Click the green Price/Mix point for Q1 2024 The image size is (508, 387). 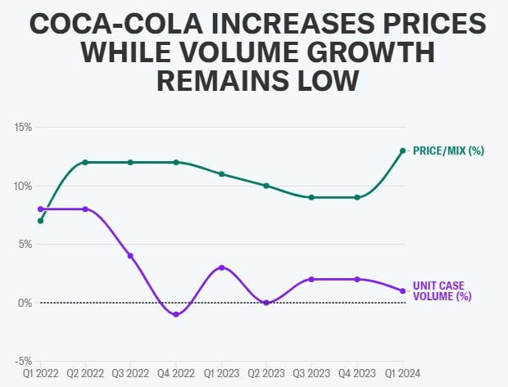[402, 151]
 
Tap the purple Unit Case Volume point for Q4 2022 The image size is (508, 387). [176, 314]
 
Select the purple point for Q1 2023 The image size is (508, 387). [221, 268]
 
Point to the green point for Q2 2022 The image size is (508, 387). [85, 162]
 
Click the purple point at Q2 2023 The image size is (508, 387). [266, 303]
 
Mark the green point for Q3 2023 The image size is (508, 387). [311, 197]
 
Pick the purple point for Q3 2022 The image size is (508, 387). [130, 256]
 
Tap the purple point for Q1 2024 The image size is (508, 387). [402, 291]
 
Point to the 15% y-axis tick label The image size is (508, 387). [21, 128]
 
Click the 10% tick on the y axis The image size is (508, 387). [21, 186]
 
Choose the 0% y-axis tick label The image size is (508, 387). [24, 303]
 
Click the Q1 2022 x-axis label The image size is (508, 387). [40, 374]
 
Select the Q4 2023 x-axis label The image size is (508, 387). [357, 374]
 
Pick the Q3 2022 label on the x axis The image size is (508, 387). [130, 374]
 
